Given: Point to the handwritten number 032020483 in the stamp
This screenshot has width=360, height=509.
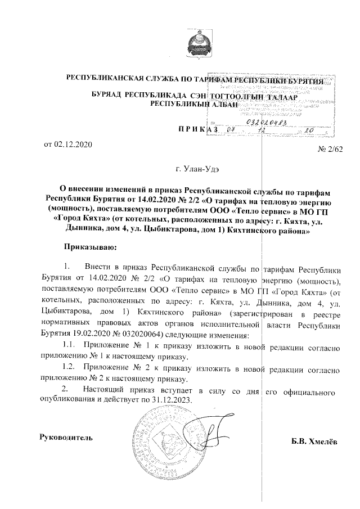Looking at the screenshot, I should [267, 122].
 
